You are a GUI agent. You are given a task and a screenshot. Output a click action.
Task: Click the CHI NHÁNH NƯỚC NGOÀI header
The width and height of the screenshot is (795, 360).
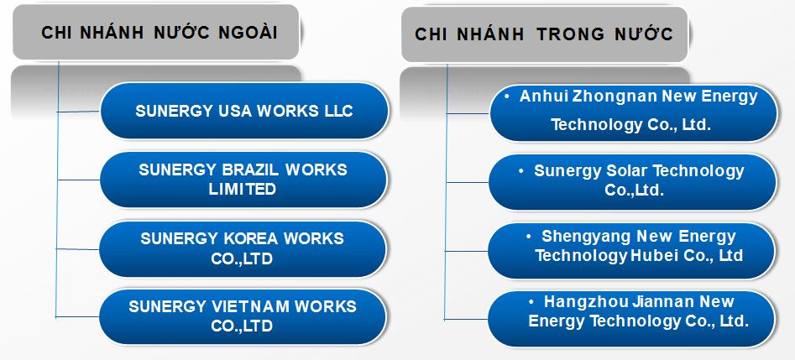point(159,33)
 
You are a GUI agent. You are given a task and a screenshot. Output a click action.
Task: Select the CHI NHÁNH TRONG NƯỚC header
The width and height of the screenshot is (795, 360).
point(544,34)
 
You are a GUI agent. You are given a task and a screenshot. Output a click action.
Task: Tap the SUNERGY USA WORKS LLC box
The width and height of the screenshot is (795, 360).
point(244,111)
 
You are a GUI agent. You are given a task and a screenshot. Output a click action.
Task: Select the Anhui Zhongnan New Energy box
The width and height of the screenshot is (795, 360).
point(631,111)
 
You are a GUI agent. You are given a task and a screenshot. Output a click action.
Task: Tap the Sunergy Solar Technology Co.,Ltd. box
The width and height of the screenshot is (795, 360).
point(631,180)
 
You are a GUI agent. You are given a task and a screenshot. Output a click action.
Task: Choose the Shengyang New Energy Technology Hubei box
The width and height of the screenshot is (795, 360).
point(631,246)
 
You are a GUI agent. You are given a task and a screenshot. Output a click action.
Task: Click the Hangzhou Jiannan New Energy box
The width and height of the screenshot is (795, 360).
point(631,310)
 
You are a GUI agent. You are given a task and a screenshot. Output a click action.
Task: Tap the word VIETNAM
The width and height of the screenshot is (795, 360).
point(253,306)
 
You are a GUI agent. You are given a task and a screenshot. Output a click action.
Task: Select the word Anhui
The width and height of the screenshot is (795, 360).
point(542,97)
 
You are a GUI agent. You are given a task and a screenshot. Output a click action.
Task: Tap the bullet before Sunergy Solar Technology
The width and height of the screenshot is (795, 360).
point(522,170)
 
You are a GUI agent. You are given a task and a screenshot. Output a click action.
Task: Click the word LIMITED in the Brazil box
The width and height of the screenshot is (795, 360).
point(243,190)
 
